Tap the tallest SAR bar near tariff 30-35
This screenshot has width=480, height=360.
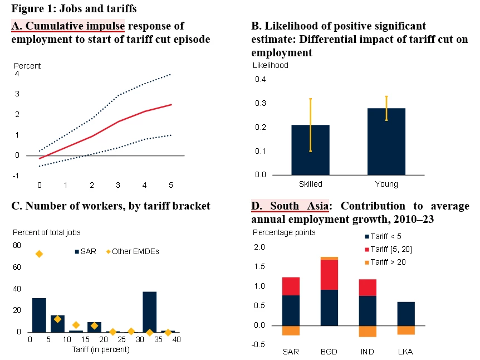coord(149,312)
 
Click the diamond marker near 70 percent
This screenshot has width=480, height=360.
coord(39,254)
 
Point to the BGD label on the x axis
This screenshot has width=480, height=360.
coord(330,352)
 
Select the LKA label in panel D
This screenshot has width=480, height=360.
coord(405,352)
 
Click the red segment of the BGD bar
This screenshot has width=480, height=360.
coord(330,275)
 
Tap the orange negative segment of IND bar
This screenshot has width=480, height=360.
coord(368,331)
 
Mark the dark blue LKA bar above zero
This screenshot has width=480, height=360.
coord(405,314)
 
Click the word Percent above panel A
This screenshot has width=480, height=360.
coord(27,66)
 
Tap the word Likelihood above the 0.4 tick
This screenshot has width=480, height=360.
coord(271,65)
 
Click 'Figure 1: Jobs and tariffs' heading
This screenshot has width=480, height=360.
coord(74,9)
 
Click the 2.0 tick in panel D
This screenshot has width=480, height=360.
coord(259,247)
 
